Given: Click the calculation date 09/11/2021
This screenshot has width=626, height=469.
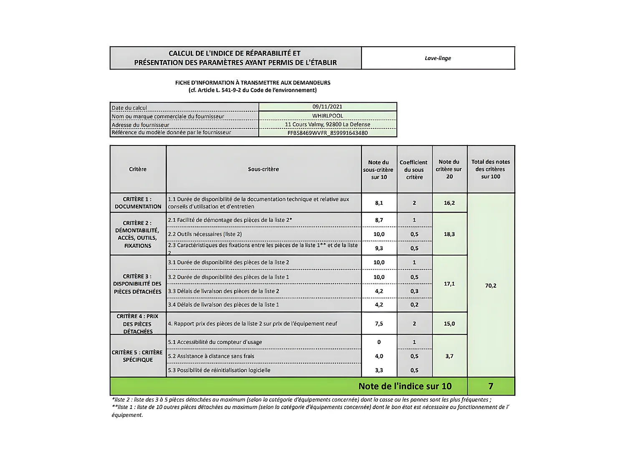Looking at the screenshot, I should click(x=327, y=107).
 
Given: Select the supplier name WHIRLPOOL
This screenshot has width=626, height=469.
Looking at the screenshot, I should click(x=327, y=116).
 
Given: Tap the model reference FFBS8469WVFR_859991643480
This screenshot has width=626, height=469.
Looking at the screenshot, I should click(x=327, y=133).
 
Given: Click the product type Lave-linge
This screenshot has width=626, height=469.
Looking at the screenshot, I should click(x=438, y=58).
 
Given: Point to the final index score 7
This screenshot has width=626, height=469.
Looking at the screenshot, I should click(x=491, y=386).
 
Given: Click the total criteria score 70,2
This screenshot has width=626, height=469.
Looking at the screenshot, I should click(x=491, y=286).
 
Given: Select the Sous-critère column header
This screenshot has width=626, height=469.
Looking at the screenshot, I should click(x=263, y=169).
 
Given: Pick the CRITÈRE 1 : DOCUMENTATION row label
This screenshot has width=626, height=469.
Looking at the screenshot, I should click(x=138, y=203).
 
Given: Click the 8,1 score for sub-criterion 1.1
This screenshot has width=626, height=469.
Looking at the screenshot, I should click(x=379, y=203).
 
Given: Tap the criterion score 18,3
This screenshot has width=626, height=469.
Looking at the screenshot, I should click(x=449, y=234).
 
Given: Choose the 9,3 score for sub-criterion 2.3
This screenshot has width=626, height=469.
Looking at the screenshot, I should click(x=379, y=248).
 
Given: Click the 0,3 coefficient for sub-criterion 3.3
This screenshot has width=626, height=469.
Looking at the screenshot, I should click(x=414, y=291).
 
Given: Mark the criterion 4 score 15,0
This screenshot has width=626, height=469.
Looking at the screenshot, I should click(x=449, y=324).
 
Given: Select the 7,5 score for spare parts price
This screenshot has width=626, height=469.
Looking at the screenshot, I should click(x=379, y=324).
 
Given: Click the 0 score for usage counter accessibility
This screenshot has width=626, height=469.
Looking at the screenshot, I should click(x=379, y=342).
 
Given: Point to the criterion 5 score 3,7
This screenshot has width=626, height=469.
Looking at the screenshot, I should click(x=449, y=356).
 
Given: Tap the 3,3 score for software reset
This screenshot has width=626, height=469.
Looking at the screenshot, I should click(x=379, y=370).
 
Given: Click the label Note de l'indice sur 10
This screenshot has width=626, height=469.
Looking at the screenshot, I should click(x=405, y=386).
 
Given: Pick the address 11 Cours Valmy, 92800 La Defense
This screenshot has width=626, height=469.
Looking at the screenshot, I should click(x=327, y=124).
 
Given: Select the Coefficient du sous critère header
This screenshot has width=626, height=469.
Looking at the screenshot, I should click(x=414, y=170).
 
